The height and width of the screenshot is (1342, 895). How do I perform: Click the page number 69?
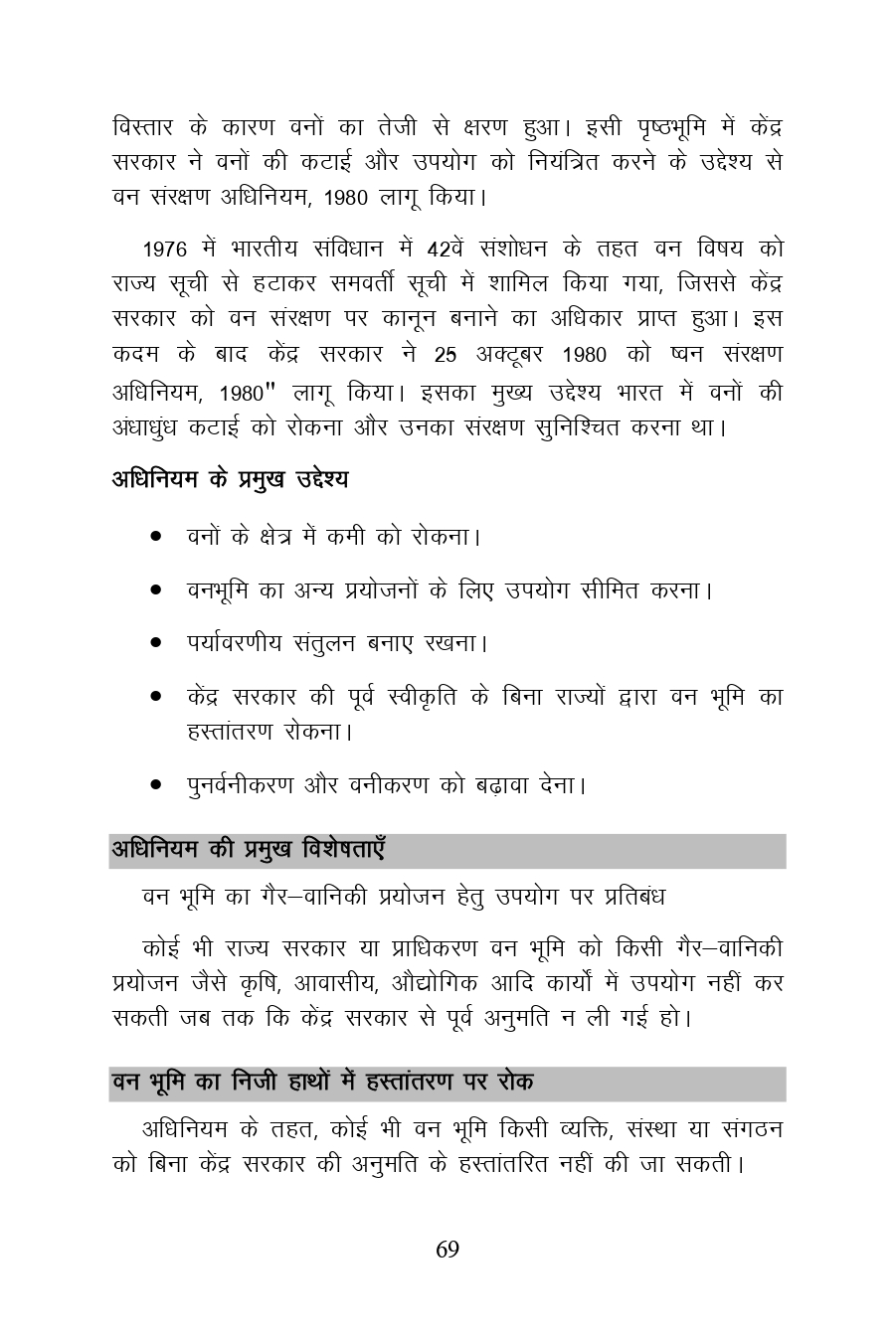(447, 1250)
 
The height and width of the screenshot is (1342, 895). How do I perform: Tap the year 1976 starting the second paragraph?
(164, 249)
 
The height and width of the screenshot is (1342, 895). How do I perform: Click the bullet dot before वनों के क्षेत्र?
(156, 537)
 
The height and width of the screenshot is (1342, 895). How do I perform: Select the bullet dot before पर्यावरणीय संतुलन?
(156, 642)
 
